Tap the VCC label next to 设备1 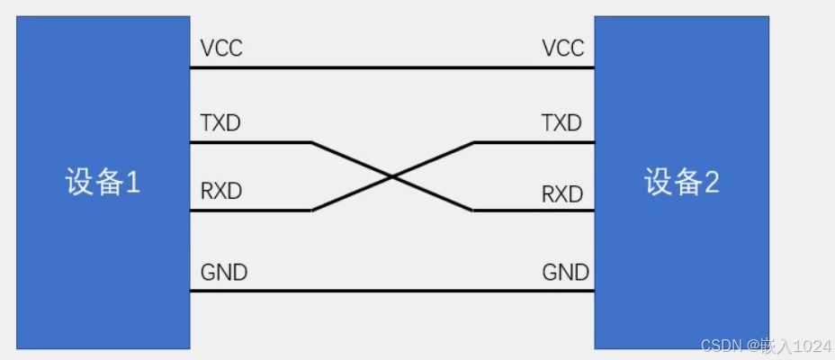221,49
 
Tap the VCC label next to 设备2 563,49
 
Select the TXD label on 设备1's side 220,122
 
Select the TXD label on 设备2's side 561,122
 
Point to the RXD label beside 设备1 221,192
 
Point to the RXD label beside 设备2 562,193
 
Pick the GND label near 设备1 224,272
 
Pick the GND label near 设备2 566,272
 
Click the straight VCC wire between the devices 391,67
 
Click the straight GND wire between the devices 391,291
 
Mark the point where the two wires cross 392,176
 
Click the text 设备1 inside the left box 103,183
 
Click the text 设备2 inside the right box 681,183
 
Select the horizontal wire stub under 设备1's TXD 249,142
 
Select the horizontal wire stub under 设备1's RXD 249,211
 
